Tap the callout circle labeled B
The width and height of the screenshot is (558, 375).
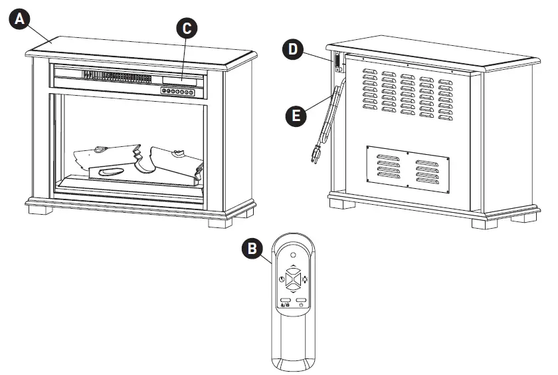click(x=251, y=249)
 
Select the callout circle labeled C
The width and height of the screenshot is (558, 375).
click(x=187, y=27)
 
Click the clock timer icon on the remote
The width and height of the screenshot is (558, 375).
click(x=282, y=280)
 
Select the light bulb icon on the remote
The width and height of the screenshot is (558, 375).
click(x=305, y=280)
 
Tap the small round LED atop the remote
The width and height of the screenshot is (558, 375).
click(x=293, y=254)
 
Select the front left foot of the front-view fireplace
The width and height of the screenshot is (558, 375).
click(x=41, y=211)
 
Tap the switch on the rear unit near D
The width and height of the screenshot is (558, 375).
click(x=338, y=62)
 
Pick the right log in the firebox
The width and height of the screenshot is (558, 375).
click(x=175, y=162)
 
